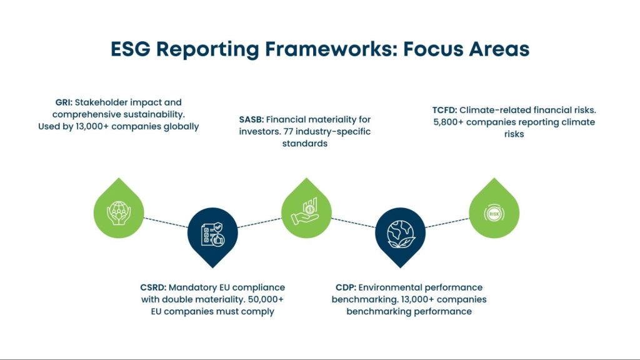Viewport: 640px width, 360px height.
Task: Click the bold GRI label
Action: tap(64, 102)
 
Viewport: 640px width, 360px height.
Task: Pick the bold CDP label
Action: tap(346, 287)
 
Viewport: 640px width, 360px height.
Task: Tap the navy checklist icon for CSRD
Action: tap(213, 234)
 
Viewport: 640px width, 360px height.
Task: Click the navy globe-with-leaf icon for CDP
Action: tap(400, 233)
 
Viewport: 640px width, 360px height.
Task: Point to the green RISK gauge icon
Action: tap(494, 213)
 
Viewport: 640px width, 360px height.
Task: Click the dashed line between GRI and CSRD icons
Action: tap(166, 222)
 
